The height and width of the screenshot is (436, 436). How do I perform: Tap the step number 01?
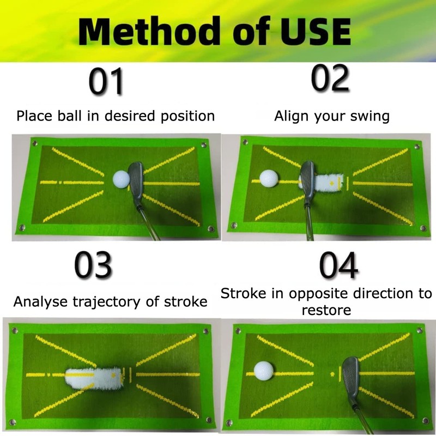click(106, 82)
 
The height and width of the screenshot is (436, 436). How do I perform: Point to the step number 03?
click(93, 265)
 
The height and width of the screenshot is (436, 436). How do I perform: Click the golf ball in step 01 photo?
click(121, 179)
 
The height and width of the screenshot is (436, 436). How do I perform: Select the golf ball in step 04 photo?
click(264, 370)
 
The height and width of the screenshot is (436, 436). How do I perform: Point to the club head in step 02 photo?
click(306, 177)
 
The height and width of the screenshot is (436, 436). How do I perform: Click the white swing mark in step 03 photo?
click(93, 376)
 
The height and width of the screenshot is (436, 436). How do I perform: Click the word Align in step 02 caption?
click(290, 116)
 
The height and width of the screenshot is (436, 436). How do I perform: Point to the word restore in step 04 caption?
click(326, 310)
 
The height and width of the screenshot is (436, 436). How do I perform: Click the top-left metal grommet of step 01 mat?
click(34, 143)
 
